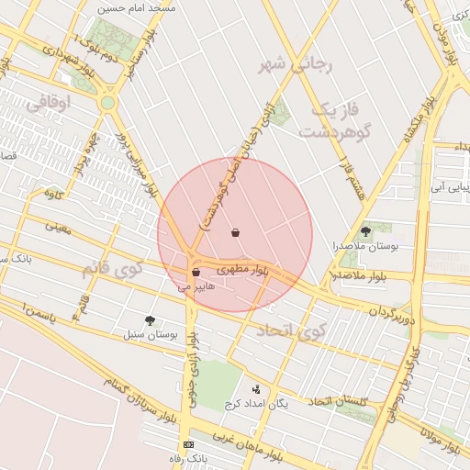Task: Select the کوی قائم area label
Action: [112, 270]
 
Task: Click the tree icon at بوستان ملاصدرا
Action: [367, 231]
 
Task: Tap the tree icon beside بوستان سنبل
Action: [150, 319]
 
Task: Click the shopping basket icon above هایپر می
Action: [196, 273]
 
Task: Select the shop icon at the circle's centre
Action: [236, 233]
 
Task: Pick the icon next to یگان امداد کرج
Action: [256, 389]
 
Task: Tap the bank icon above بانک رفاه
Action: [188, 444]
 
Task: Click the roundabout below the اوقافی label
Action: [108, 103]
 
